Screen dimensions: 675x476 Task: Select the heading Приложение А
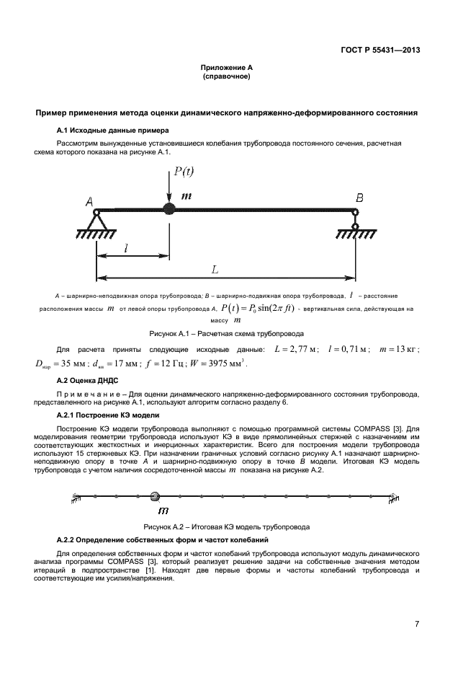tap(226, 67)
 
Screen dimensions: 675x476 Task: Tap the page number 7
tap(417, 624)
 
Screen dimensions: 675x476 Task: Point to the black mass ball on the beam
tap(169, 210)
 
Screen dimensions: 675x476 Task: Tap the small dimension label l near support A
tap(127, 247)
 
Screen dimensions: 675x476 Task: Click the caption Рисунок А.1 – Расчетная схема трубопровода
tap(226, 334)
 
